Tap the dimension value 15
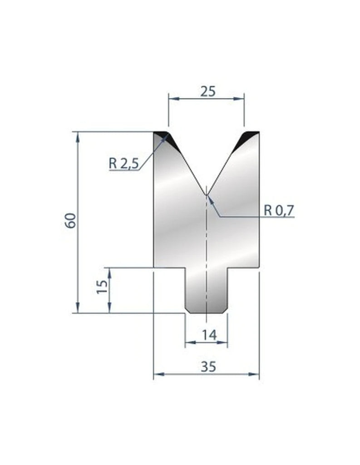(x=102, y=287)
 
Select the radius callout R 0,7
(x=279, y=210)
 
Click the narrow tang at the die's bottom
(x=207, y=291)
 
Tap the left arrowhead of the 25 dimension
(x=172, y=98)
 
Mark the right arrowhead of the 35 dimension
(x=256, y=375)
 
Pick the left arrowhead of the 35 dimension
(x=158, y=375)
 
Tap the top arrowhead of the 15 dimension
(x=109, y=272)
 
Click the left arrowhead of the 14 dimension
(x=189, y=342)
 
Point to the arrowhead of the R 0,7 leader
(x=209, y=198)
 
